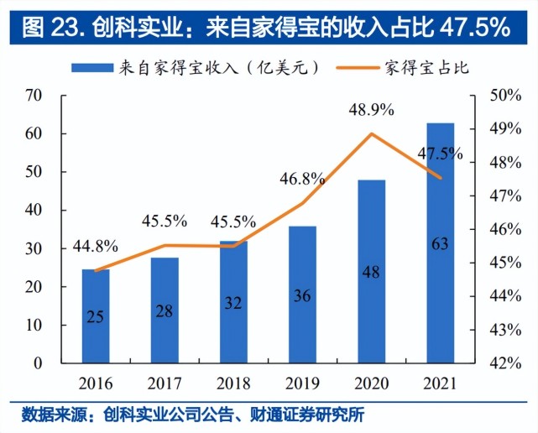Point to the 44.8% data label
click(x=95, y=247)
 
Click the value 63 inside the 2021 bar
click(x=440, y=244)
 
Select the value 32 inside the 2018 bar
click(x=233, y=301)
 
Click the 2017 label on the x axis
click(x=165, y=383)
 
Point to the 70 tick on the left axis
click(x=34, y=96)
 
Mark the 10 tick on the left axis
click(x=34, y=325)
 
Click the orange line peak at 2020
click(x=371, y=134)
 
